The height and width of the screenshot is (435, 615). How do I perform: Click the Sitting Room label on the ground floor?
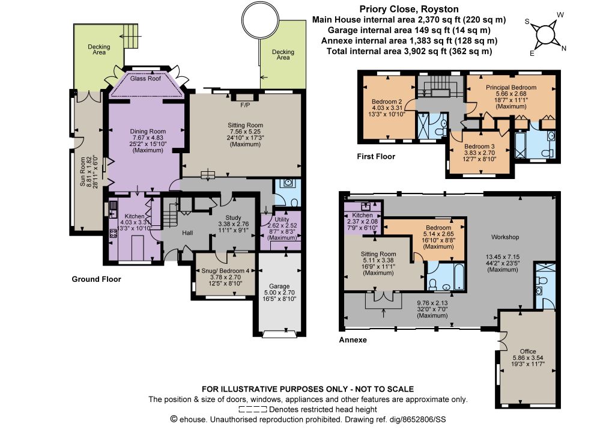tap(245, 126)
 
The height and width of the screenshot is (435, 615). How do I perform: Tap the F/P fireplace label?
tap(245, 105)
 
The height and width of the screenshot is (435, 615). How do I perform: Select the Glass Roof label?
tap(145, 79)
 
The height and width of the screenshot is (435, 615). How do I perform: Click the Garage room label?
tap(279, 287)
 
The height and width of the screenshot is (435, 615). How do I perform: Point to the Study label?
tap(234, 218)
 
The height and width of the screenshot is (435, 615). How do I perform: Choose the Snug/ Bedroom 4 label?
tap(225, 270)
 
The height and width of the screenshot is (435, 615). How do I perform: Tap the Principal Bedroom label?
tap(511, 88)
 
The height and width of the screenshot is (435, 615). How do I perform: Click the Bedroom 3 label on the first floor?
tap(479, 147)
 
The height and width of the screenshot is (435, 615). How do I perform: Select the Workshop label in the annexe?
tap(505, 237)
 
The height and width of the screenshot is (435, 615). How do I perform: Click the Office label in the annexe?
tap(528, 351)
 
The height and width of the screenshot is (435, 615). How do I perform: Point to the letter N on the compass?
tap(563, 48)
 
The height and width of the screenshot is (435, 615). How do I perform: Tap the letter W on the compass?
tap(560, 15)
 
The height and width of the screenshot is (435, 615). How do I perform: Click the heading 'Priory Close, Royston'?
tap(409, 9)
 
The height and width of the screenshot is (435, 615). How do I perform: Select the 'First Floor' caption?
tap(376, 156)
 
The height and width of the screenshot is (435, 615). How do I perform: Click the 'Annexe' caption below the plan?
tap(353, 340)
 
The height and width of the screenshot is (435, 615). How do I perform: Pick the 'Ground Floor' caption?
tap(96, 279)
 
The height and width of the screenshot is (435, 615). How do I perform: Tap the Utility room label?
tap(282, 220)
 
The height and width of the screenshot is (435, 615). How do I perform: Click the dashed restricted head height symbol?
tap(253, 410)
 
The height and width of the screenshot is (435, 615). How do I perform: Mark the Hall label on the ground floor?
tap(187, 233)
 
